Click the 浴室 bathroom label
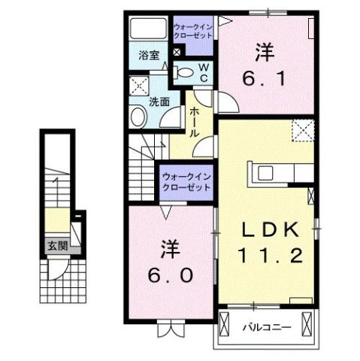(x=148, y=55)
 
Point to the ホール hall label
(x=194, y=121)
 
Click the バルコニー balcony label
(x=262, y=327)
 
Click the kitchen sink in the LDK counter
(x=268, y=172)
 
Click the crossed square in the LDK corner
(x=304, y=129)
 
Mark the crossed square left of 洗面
(x=138, y=86)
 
